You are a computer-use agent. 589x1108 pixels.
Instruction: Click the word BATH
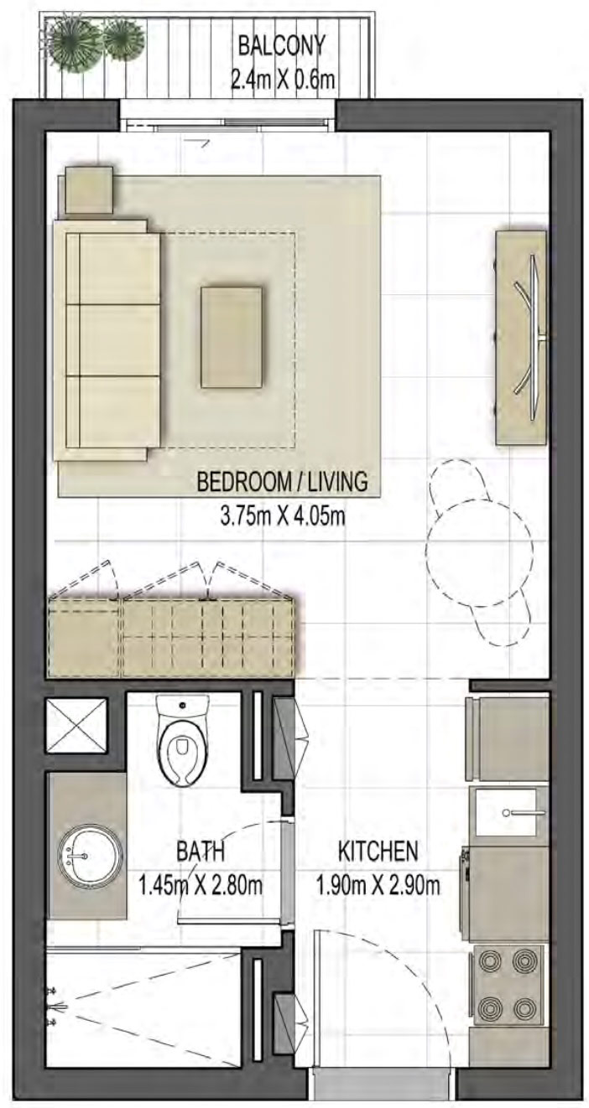click(200, 852)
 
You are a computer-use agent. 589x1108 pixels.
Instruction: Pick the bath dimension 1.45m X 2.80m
click(200, 883)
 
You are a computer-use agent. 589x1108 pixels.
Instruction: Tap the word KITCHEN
click(378, 852)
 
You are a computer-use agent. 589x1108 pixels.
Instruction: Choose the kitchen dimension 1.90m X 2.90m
click(378, 883)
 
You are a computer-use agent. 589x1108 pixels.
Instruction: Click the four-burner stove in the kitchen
click(508, 982)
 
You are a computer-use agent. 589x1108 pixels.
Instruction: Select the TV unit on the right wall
click(521, 337)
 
